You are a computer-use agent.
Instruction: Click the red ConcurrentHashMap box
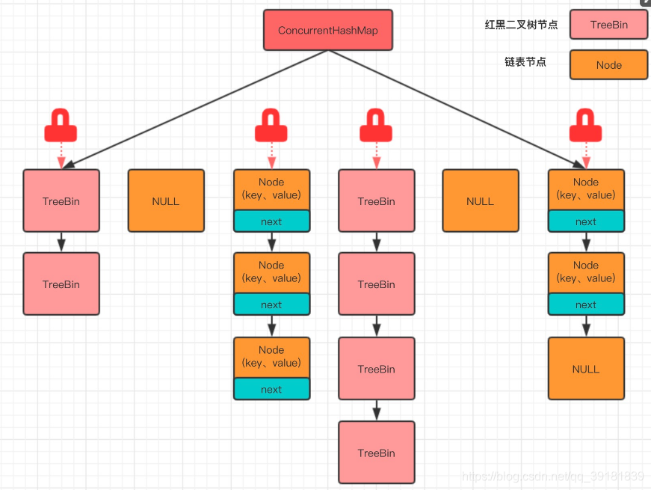pyautogui.click(x=327, y=30)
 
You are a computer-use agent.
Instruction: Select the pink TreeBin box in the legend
pyautogui.click(x=608, y=25)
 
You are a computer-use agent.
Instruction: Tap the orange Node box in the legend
pyautogui.click(x=608, y=65)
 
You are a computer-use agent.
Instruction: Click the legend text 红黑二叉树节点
pyautogui.click(x=521, y=25)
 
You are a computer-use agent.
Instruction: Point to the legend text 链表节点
pyautogui.click(x=525, y=62)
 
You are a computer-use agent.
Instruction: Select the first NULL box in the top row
pyautogui.click(x=166, y=200)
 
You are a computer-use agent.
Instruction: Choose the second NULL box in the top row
pyautogui.click(x=480, y=200)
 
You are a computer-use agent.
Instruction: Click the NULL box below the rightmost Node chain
pyautogui.click(x=585, y=368)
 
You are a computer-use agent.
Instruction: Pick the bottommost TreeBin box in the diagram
pyautogui.click(x=376, y=453)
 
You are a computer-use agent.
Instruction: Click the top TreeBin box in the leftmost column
pyautogui.click(x=61, y=200)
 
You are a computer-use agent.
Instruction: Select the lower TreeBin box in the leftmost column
pyautogui.click(x=61, y=284)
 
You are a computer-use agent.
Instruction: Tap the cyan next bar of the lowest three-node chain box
pyautogui.click(x=271, y=389)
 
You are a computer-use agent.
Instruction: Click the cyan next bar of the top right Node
pyautogui.click(x=585, y=221)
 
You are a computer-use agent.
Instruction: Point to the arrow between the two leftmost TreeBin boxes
pyautogui.click(x=61, y=242)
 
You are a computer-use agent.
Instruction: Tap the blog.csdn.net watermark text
pyautogui.click(x=553, y=477)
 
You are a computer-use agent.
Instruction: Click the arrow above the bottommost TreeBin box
pyautogui.click(x=376, y=410)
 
